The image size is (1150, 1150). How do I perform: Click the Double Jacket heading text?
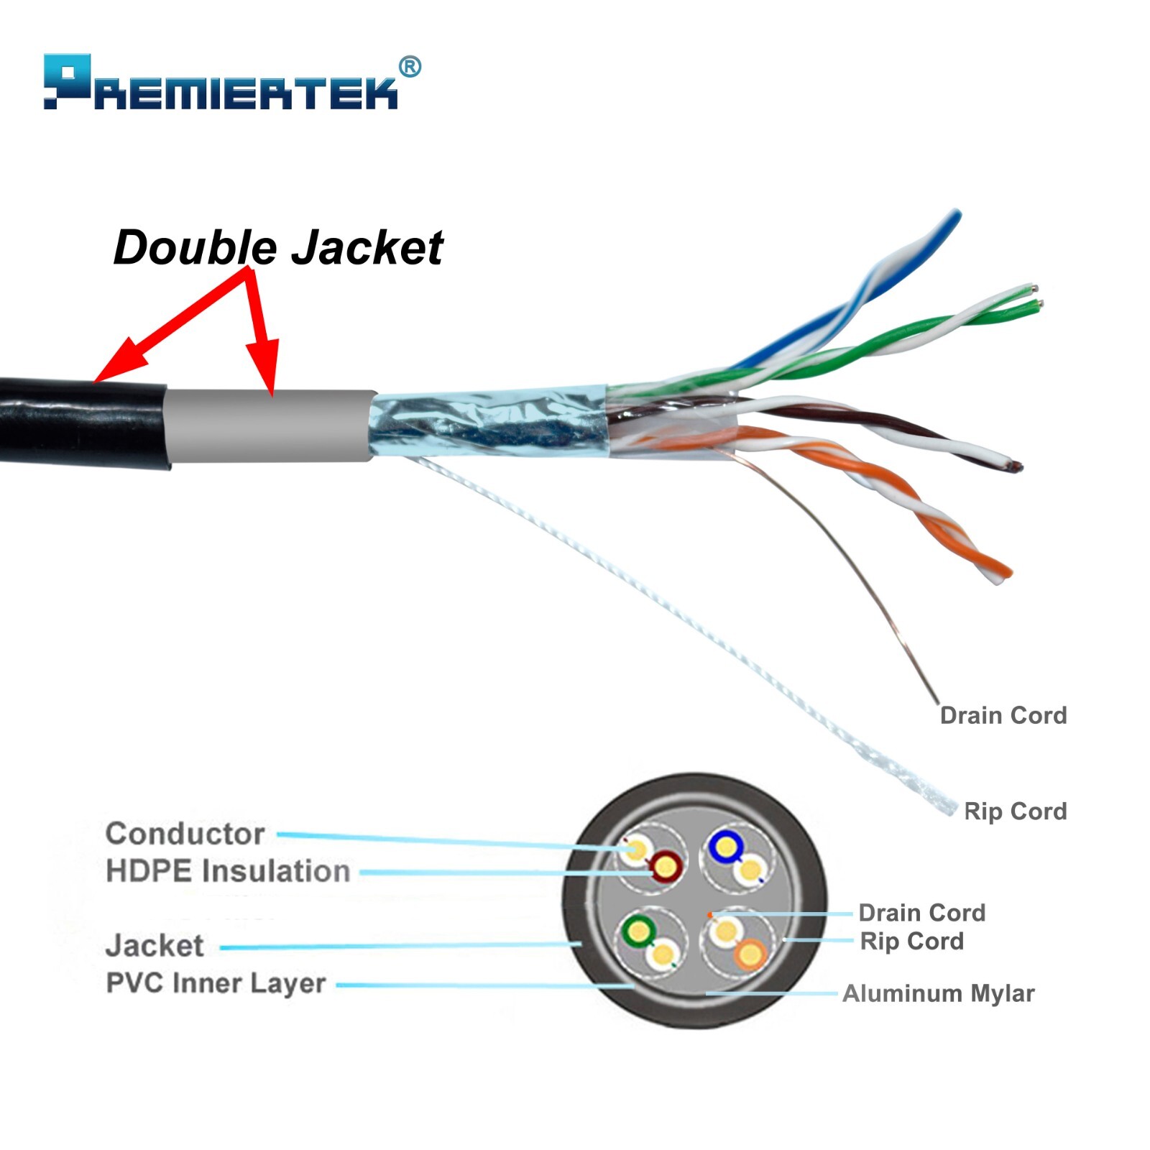[278, 248]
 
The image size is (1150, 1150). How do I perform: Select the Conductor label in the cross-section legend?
[185, 834]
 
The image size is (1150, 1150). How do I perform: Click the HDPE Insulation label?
[228, 871]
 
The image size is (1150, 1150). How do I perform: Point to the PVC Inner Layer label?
[216, 983]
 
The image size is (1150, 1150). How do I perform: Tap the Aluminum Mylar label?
[938, 993]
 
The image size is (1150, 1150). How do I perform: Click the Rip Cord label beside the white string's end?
[1015, 811]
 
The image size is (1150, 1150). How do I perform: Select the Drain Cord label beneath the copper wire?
[1003, 715]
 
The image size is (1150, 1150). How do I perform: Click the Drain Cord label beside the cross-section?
[921, 913]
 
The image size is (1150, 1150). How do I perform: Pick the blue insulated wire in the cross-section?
[724, 848]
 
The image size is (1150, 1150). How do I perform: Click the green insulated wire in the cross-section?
[638, 932]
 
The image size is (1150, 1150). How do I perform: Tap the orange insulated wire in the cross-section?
[750, 954]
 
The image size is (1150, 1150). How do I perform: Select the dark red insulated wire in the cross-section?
[666, 867]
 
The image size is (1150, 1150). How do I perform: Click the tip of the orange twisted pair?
[1002, 572]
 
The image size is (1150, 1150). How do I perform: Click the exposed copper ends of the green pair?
[1035, 298]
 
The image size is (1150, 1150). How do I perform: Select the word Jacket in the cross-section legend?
[155, 945]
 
